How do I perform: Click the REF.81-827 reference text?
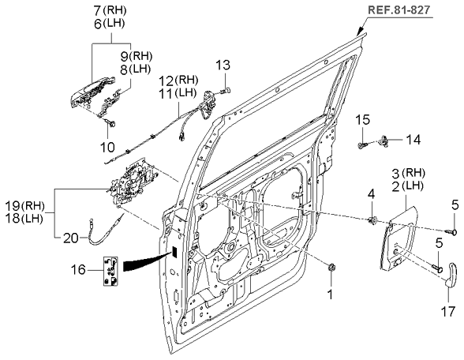(x=399, y=9)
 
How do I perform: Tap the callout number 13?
(x=223, y=65)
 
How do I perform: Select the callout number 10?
(x=107, y=147)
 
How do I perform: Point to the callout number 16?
(x=78, y=270)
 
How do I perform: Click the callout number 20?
(x=71, y=238)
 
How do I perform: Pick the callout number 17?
(x=447, y=311)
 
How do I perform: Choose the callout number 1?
(x=330, y=294)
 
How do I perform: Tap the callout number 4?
(x=372, y=194)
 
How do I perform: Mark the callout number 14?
(x=413, y=140)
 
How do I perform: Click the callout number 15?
(x=362, y=120)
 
